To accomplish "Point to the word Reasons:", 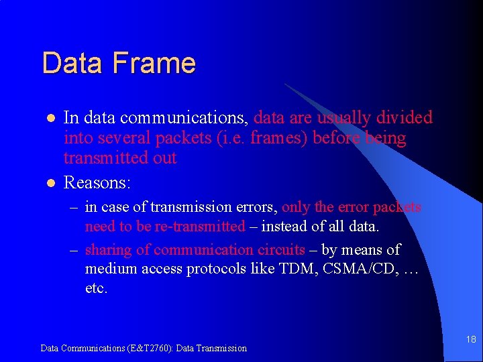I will (97, 182).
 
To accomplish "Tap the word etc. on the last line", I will (96, 288).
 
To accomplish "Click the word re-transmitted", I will (199, 227).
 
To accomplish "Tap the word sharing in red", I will (109, 250).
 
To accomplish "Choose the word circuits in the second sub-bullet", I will (281, 250).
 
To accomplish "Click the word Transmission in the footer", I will (221, 348).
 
